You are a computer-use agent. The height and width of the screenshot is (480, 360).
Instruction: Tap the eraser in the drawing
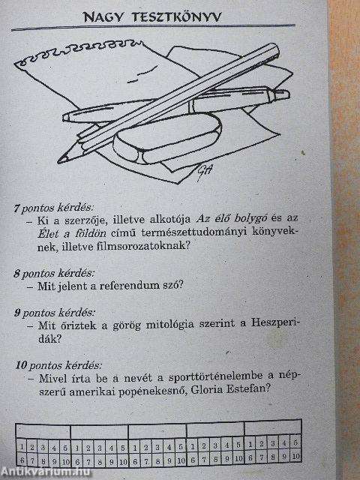(169, 140)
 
